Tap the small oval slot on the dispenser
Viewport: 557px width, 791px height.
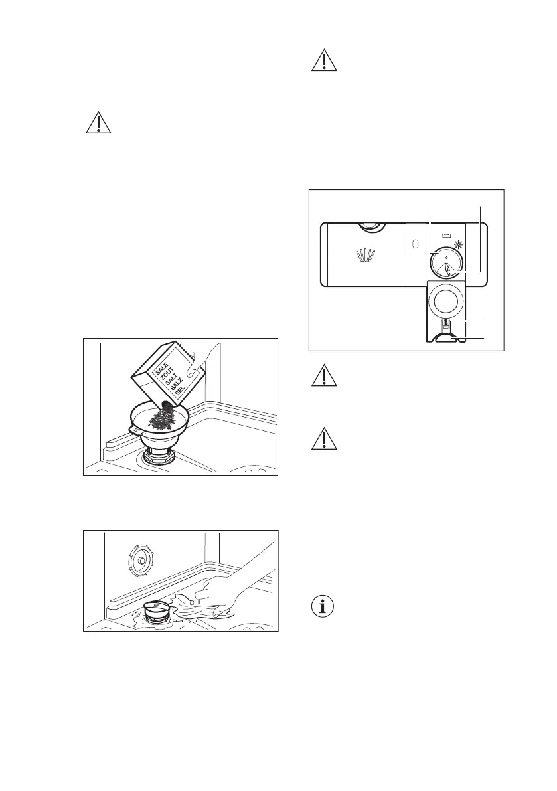(416, 244)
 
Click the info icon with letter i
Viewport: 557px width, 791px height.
(324, 606)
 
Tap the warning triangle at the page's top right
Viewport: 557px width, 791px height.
(325, 60)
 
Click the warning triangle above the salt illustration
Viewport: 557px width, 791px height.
(98, 123)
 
